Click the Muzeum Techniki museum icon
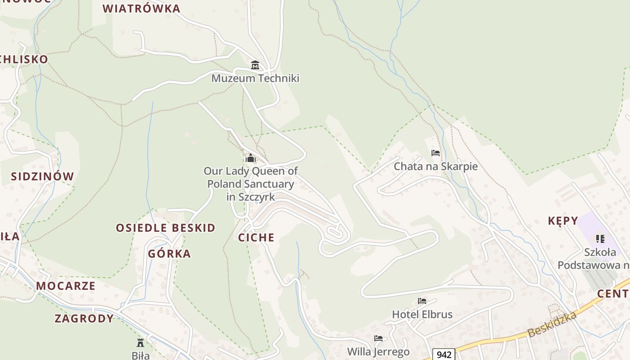(x=255, y=65)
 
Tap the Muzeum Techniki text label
(x=255, y=78)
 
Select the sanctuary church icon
(x=251, y=158)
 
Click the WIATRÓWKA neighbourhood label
(x=141, y=9)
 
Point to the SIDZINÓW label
(x=42, y=176)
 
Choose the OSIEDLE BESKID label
(x=166, y=228)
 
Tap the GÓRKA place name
(x=170, y=254)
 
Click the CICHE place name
(x=256, y=238)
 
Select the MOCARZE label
(x=66, y=286)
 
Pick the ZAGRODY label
(x=84, y=319)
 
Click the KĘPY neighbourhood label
(x=563, y=221)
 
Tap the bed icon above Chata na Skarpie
(x=435, y=153)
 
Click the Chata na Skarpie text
(x=436, y=166)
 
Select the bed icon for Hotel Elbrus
(x=422, y=301)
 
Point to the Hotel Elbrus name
(x=422, y=314)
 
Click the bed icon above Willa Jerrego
(x=378, y=338)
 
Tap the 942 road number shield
(x=444, y=355)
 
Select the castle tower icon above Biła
(x=140, y=342)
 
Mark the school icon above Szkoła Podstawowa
(x=600, y=238)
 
